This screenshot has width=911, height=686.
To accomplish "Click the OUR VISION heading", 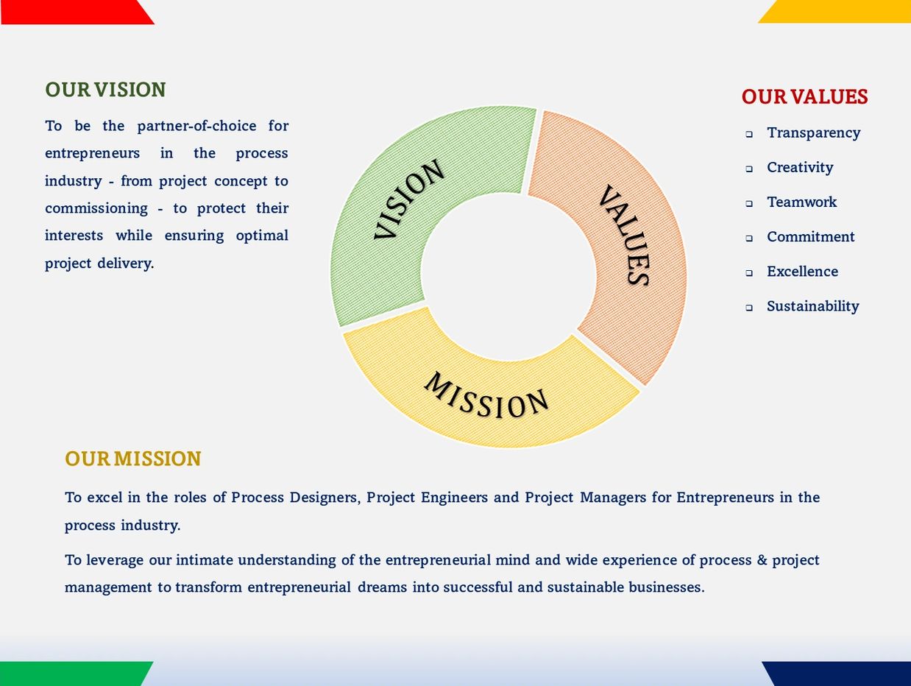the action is (x=105, y=90).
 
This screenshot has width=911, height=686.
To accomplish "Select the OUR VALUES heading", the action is (x=804, y=96).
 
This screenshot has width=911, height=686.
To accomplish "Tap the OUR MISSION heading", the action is (x=132, y=459).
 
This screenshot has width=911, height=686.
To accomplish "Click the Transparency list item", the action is (x=813, y=133).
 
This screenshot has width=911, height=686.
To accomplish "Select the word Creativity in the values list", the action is (x=800, y=168).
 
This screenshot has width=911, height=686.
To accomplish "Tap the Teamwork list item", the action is (x=802, y=202).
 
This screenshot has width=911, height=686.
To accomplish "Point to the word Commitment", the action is (x=811, y=236).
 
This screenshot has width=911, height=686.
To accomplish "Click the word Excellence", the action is (x=802, y=272).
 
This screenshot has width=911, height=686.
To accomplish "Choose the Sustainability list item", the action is (x=812, y=306).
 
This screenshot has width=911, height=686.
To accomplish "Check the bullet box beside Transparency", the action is (x=749, y=134).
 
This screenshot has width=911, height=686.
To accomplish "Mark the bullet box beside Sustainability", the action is (x=749, y=308).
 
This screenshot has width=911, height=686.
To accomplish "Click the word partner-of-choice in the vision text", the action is (x=196, y=126).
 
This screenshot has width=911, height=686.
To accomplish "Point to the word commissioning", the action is (x=96, y=208).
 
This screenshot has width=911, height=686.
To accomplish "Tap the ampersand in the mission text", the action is (x=762, y=560).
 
